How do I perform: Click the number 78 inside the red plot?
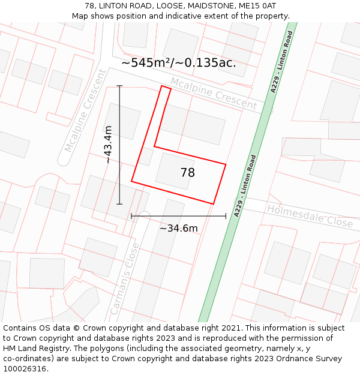point(187,173)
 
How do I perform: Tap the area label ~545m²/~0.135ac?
point(178,62)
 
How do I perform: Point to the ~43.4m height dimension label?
point(107,144)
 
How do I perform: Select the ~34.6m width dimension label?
point(178,228)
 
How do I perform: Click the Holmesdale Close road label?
point(309,215)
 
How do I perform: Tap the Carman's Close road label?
point(124,278)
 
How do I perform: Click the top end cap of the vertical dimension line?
point(119,86)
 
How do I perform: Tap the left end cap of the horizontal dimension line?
point(131,215)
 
